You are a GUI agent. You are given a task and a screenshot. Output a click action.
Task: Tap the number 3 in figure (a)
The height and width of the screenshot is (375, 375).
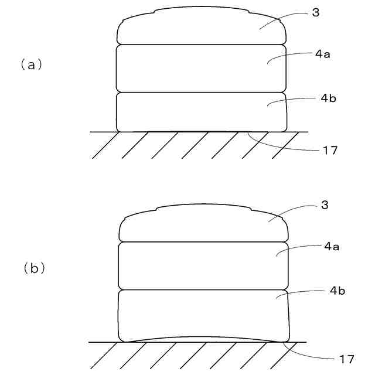(x=316, y=12)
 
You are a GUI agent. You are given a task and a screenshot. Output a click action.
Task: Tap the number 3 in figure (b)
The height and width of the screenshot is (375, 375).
(x=325, y=205)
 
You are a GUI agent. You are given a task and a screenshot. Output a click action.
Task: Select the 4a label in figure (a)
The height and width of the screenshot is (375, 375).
(x=322, y=54)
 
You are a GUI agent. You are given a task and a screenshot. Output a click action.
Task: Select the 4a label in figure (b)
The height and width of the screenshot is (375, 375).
(x=332, y=247)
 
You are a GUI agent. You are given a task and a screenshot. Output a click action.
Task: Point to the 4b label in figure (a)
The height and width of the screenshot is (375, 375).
(x=328, y=98)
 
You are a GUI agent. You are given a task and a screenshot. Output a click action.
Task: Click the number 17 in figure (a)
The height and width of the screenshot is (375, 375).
(x=330, y=150)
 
